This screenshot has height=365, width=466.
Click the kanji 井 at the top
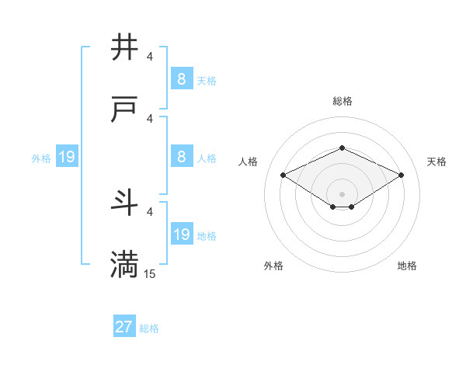125,48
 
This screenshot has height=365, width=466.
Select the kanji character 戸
125,110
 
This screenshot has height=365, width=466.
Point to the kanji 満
125,265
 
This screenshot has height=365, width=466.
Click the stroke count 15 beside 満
150,273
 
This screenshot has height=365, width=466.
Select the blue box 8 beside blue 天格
181,79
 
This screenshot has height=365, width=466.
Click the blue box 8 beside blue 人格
181,158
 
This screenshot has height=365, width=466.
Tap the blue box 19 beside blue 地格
181,235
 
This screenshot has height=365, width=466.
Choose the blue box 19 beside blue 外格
67,158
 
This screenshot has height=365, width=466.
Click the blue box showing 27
124,327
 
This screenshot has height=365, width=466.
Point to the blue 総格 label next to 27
149,328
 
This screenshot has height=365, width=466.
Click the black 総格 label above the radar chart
342,101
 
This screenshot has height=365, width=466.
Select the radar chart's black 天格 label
436,162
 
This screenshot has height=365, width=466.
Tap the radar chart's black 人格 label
249,162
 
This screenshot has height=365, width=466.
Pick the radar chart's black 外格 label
273,266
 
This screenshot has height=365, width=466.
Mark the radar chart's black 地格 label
407,266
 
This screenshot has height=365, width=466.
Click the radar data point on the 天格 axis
402,175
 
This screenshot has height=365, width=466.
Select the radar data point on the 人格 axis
283,175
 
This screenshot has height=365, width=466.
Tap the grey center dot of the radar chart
342,193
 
